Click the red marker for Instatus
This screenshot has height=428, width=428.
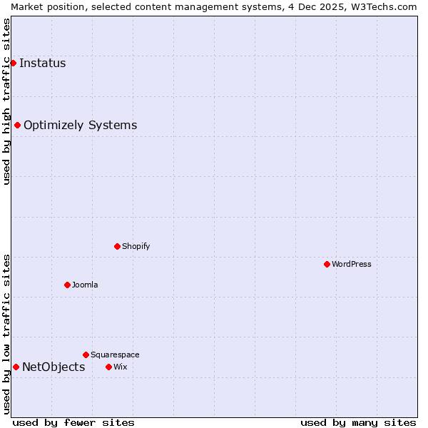[x=13, y=63]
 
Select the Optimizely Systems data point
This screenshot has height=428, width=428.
[x=17, y=126]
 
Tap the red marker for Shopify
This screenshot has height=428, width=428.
[x=117, y=246]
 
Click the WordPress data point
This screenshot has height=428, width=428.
[x=327, y=264]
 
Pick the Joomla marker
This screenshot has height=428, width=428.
[x=67, y=285]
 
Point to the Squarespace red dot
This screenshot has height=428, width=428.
[x=86, y=355]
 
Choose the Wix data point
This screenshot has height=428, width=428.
[x=108, y=367]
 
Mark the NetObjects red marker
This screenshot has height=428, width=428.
[x=16, y=367]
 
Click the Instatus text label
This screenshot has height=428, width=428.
[x=43, y=63]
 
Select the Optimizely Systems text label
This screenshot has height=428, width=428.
[x=81, y=126]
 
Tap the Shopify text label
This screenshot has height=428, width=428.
[x=136, y=246]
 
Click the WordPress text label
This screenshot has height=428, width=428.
[x=352, y=264]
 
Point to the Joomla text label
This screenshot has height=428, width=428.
[x=85, y=285]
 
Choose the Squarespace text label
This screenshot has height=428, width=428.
[x=115, y=355]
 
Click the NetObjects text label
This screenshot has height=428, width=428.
[x=53, y=367]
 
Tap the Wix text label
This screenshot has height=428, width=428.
[x=121, y=367]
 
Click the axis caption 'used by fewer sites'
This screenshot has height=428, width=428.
[x=73, y=422]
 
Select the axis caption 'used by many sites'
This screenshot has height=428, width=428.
[x=358, y=422]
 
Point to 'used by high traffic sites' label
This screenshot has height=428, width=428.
[x=6, y=101]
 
